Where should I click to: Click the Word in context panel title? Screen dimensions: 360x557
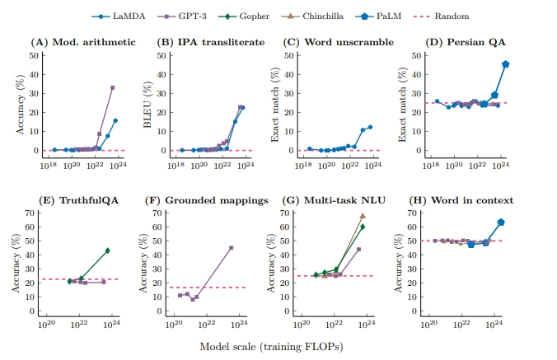click(467, 200)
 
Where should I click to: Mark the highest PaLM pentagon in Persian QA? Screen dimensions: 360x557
click(505, 64)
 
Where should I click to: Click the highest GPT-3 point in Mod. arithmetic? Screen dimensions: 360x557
click(112, 88)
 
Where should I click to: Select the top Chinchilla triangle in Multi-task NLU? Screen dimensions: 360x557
click(363, 216)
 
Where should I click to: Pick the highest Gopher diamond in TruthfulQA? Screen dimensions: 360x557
click(108, 250)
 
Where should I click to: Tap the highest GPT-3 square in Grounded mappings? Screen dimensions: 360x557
click(232, 248)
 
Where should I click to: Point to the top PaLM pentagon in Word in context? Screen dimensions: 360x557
click(501, 222)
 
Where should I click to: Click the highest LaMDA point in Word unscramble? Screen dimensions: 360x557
click(371, 127)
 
